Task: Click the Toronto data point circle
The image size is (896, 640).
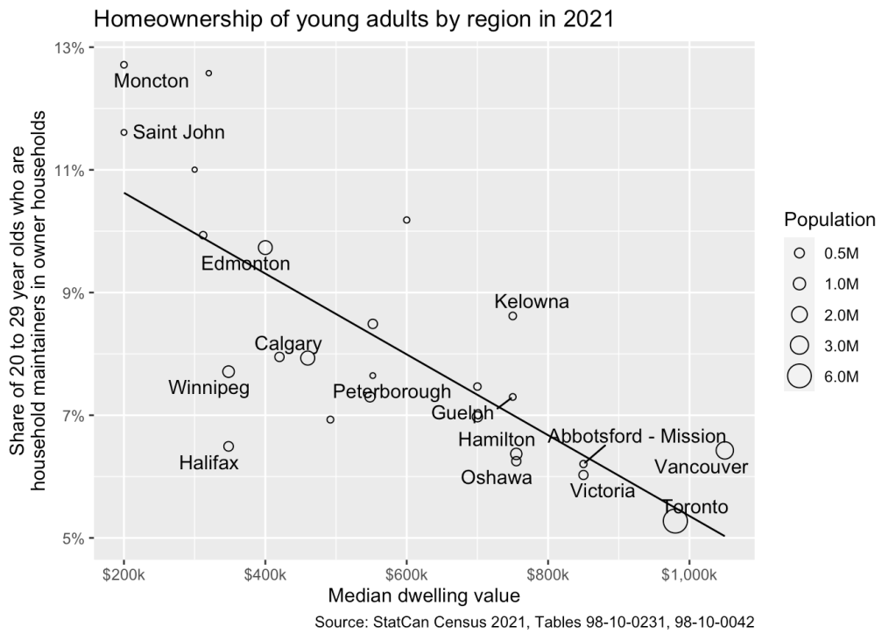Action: pos(674,521)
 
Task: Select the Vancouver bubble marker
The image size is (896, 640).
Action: pos(724,450)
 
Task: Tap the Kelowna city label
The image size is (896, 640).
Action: pos(532,302)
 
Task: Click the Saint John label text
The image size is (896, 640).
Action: pos(179,132)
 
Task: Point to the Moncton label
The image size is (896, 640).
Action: pos(152,81)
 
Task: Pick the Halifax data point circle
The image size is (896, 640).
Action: pos(229,447)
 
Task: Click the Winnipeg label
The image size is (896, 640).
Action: pos(208,387)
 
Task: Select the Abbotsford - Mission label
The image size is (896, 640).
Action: pos(637,436)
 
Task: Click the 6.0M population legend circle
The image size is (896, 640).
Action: pos(799,376)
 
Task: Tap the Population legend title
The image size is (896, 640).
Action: pos(829,219)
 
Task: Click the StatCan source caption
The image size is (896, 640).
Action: pos(533,622)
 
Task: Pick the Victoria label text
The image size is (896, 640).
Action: pos(603,491)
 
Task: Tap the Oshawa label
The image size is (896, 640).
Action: pos(497,477)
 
